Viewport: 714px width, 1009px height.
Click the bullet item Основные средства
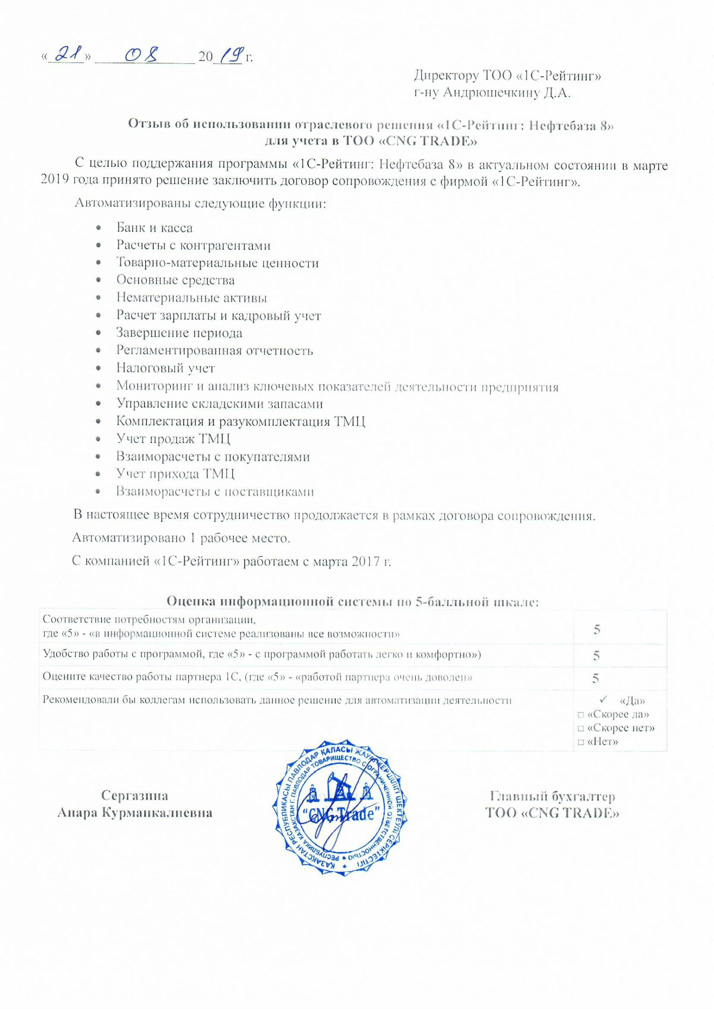[175, 280]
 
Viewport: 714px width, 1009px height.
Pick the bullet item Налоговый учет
[165, 368]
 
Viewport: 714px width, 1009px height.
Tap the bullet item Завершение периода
[179, 333]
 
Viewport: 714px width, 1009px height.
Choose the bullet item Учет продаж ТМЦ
[173, 438]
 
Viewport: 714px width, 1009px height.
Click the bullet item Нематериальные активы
[191, 298]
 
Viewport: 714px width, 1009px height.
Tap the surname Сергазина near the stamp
[135, 796]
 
